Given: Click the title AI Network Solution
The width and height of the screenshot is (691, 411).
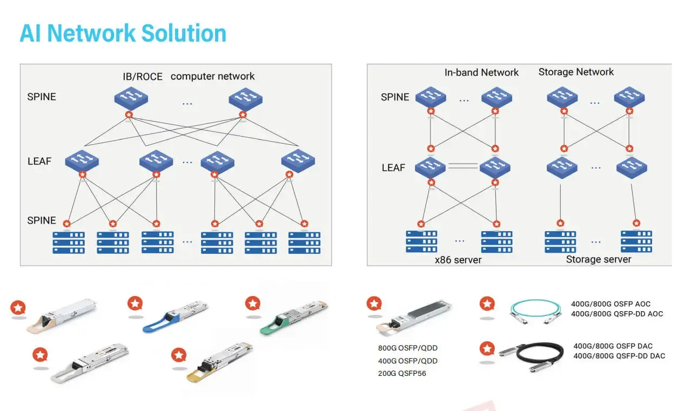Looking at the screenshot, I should point(123,33).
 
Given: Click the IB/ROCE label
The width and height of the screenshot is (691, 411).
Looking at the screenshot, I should point(142,77).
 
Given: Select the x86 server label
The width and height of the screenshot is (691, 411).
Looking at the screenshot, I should point(458,260).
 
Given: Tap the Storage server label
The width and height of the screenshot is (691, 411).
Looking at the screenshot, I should point(598,259).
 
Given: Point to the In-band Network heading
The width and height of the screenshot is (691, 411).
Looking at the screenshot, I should point(481,72).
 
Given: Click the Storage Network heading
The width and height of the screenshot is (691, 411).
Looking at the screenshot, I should point(576,72).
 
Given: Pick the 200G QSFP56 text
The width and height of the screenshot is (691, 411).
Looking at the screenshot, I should point(402,373).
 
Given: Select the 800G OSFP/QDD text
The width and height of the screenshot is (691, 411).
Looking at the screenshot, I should point(407,348).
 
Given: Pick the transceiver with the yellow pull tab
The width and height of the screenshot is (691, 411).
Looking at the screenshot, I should point(219,363).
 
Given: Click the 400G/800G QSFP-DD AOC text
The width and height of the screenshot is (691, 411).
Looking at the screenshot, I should point(616,314).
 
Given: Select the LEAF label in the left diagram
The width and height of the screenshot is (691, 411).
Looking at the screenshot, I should point(39,161).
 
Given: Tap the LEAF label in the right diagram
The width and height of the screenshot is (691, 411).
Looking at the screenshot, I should point(393,168).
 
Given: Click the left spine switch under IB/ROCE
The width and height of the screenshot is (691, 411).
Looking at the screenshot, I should point(130,98).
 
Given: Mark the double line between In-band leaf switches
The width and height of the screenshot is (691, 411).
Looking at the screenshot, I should point(463,166).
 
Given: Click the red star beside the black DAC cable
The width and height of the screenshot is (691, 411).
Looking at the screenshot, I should point(487,348).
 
